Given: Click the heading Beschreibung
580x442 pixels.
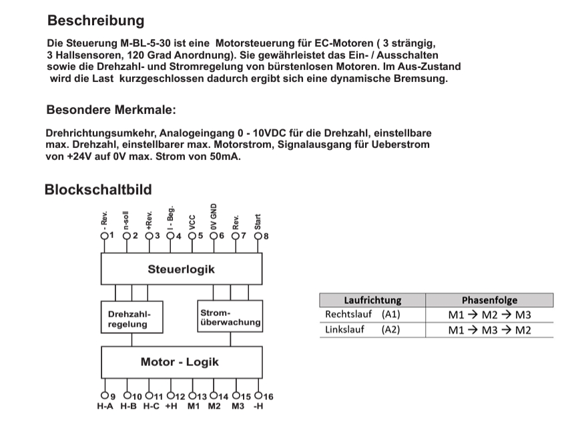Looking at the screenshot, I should click(x=96, y=21).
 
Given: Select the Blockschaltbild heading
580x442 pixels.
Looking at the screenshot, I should click(x=98, y=189).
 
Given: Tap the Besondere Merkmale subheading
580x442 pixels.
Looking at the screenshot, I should click(x=111, y=109).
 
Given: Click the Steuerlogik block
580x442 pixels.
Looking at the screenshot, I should click(x=181, y=270).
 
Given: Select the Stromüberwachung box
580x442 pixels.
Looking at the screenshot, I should click(x=230, y=317).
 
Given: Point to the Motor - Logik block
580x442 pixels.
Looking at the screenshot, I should click(x=180, y=363).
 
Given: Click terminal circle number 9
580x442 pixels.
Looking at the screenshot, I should click(x=104, y=395).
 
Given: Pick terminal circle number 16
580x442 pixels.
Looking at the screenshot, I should click(x=258, y=395).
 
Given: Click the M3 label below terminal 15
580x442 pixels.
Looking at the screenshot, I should click(x=238, y=407).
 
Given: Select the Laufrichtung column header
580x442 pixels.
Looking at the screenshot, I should click(x=372, y=301).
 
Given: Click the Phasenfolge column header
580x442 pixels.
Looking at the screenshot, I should click(x=489, y=301).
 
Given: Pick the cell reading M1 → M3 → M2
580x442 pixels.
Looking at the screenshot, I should click(x=489, y=330).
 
